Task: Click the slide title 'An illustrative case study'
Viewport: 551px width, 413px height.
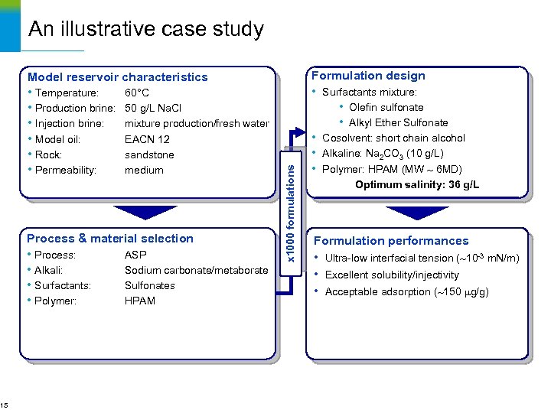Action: (145, 29)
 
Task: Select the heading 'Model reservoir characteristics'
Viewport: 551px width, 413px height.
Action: (117, 76)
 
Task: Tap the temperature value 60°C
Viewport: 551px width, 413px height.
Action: (137, 93)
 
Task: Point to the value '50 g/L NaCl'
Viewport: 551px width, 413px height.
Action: (153, 108)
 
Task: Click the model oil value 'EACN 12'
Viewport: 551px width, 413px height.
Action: (147, 139)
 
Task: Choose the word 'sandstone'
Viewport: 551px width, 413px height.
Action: (149, 154)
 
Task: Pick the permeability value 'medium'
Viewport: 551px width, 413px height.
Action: (144, 170)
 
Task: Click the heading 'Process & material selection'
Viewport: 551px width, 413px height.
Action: (110, 238)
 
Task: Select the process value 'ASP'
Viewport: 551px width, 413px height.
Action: (135, 255)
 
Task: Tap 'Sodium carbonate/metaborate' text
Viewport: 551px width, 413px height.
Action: (196, 270)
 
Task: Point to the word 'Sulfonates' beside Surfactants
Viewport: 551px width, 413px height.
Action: (150, 285)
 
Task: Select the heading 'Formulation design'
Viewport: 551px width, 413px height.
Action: (368, 75)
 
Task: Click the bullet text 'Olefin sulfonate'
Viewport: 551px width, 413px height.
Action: (386, 107)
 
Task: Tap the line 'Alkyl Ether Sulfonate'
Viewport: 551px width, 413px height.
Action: (398, 122)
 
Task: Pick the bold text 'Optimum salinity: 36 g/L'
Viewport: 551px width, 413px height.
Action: (417, 184)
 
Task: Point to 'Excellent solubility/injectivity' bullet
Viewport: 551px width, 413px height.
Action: (392, 275)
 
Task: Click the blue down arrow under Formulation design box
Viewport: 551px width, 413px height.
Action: (416, 212)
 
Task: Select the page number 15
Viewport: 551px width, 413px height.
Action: (5, 405)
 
